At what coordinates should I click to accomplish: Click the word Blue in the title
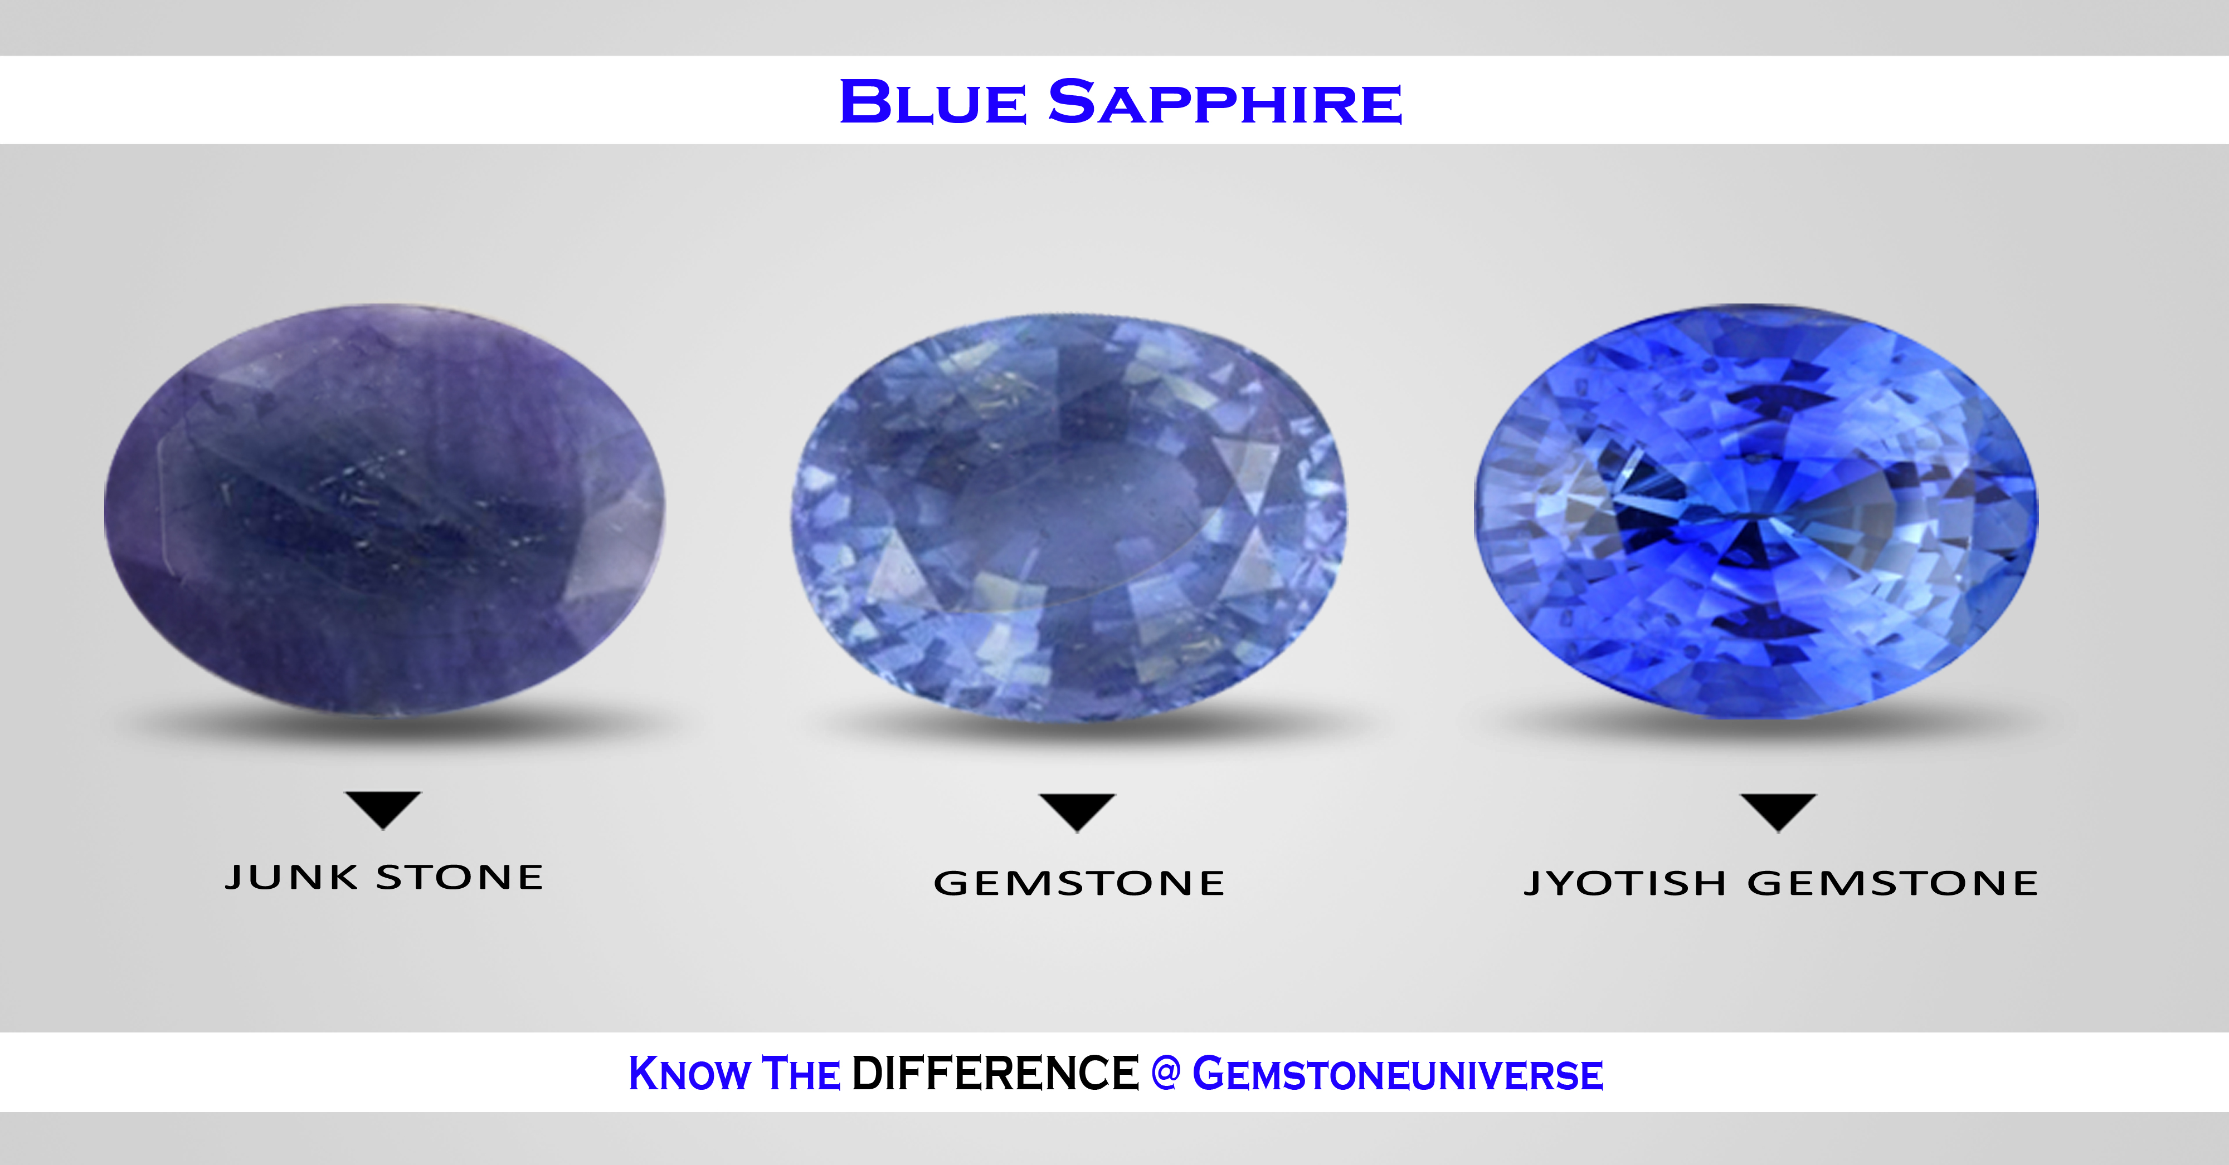click(x=933, y=101)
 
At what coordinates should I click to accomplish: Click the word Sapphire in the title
click(x=1224, y=102)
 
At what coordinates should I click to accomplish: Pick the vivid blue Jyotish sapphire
click(x=1756, y=510)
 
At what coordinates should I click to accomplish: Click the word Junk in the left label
click(x=291, y=877)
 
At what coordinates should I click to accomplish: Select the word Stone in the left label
click(x=460, y=877)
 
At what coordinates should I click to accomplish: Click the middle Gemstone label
click(x=1079, y=883)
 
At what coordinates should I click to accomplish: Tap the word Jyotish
click(x=1624, y=883)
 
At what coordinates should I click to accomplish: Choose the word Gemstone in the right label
click(x=1892, y=883)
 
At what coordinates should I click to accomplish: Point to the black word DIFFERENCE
click(x=995, y=1073)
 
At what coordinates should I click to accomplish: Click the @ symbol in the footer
click(x=1166, y=1073)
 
